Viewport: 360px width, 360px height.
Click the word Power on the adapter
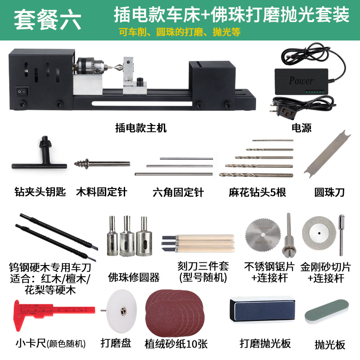coord(301,81)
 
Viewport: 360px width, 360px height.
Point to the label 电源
coord(301,128)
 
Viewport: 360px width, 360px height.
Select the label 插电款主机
coord(141,128)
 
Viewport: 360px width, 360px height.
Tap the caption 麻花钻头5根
coord(257,193)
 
